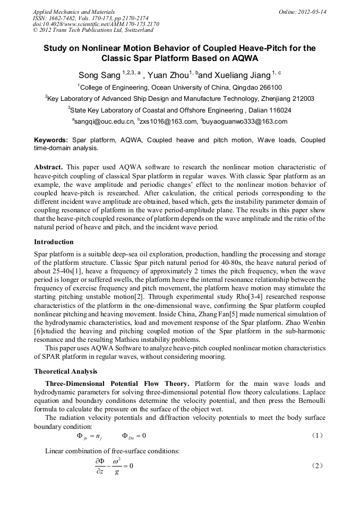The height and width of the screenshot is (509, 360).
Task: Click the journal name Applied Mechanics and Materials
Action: [x=73, y=12]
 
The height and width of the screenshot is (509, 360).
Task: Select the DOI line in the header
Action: [x=96, y=24]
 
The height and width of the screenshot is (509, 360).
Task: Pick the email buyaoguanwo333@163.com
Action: [x=245, y=122]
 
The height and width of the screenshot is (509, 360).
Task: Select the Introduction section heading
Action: [x=54, y=242]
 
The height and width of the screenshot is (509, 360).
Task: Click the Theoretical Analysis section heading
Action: [x=66, y=372]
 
